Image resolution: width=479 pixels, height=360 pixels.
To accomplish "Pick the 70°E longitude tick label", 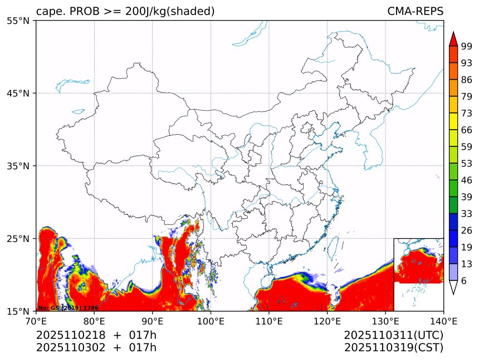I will click(x=36, y=320).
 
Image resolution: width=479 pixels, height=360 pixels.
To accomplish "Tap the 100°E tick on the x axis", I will click(x=211, y=320).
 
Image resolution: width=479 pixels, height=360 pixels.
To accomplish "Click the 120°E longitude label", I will click(x=327, y=320).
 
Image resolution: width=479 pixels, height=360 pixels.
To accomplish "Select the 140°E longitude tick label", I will click(x=443, y=320).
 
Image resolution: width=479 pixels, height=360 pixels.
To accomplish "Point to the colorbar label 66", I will click(x=467, y=130).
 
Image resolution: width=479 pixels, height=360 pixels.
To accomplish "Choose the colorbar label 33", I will click(x=467, y=214).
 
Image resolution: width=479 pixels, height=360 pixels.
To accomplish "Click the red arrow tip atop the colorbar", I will click(x=453, y=38).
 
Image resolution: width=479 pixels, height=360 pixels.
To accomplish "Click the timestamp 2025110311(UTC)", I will click(x=393, y=335).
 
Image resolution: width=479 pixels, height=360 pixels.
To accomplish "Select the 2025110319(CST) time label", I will click(x=393, y=348).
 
